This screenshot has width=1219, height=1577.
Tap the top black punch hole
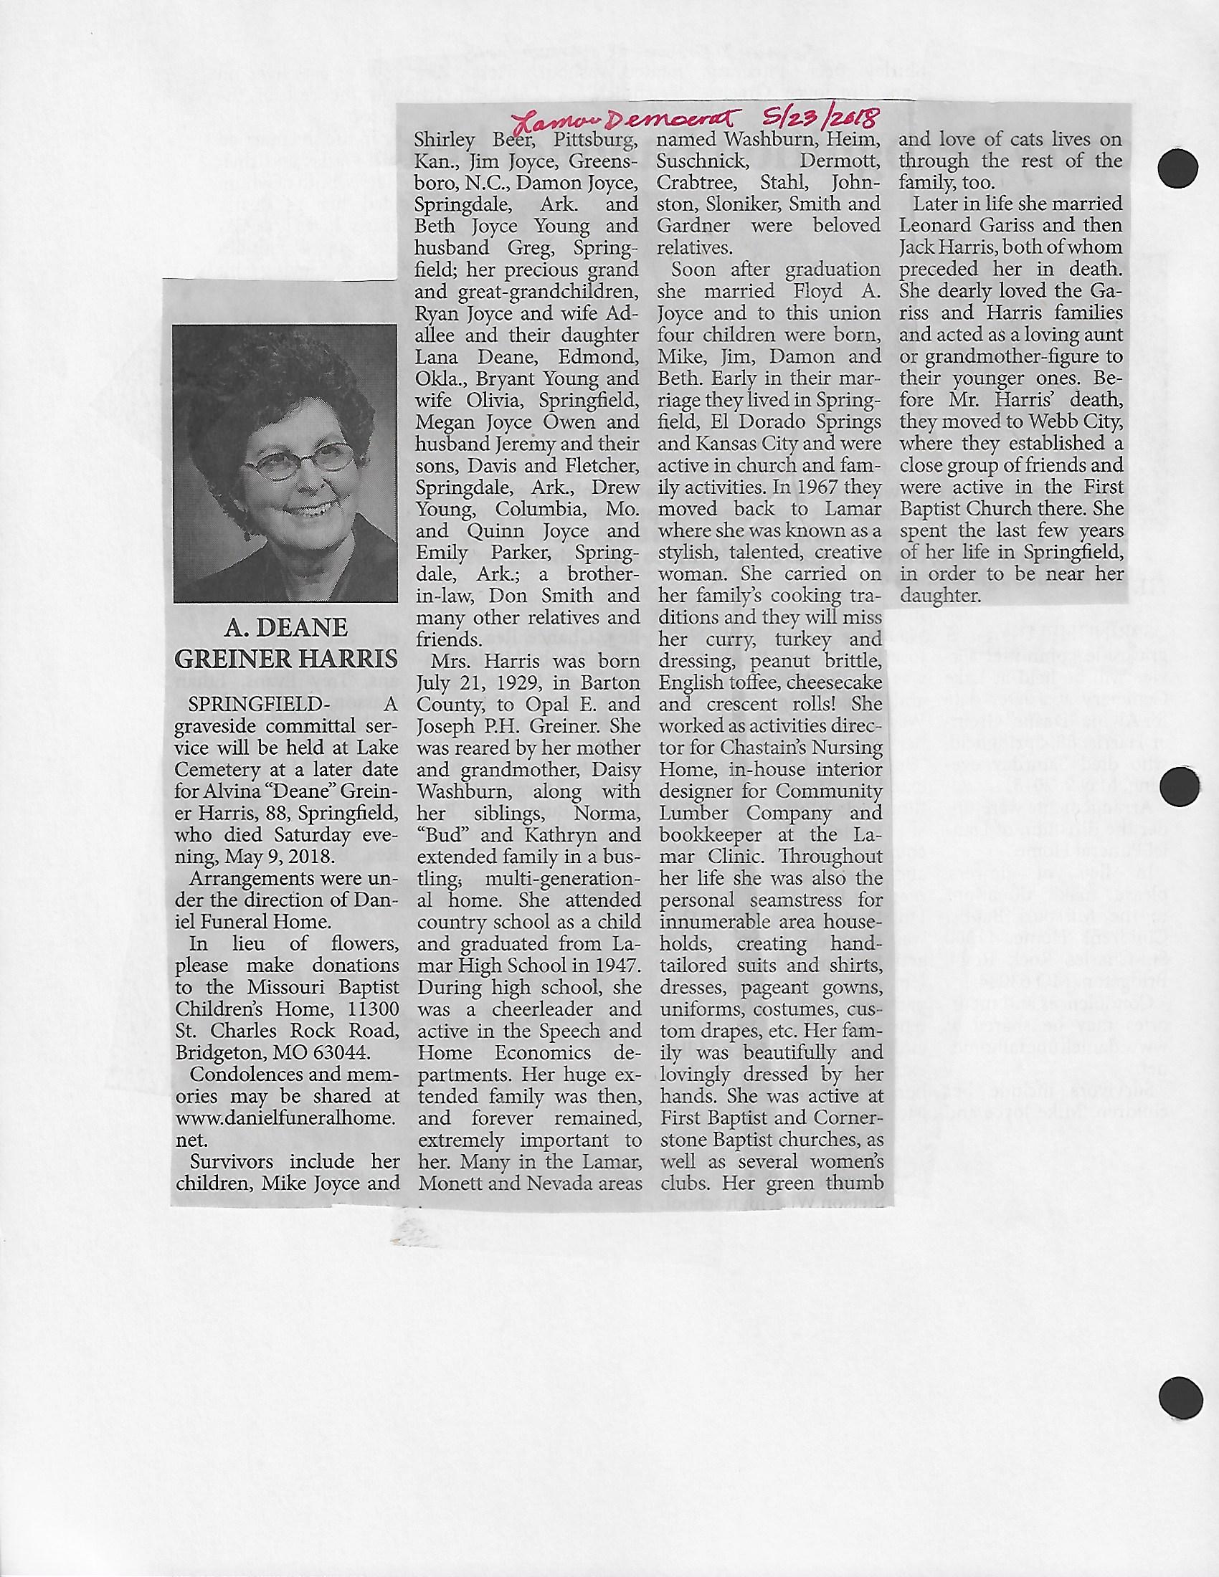(1178, 168)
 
